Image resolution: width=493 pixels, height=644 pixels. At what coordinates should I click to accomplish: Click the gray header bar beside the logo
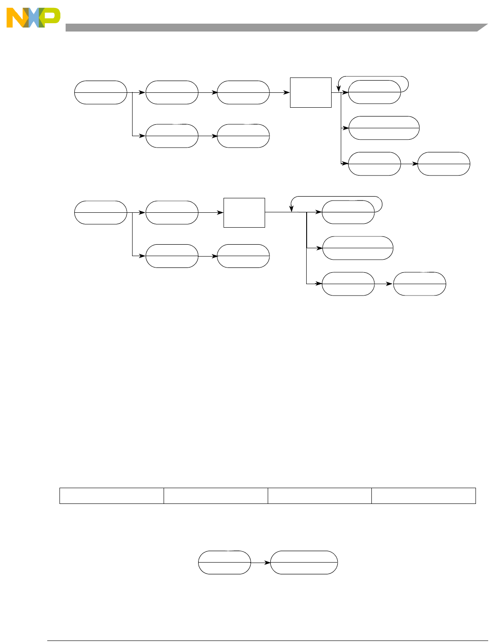tap(271, 28)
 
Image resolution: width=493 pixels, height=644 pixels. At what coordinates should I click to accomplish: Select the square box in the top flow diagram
tap(311, 92)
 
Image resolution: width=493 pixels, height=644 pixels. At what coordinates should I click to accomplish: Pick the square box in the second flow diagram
tap(244, 213)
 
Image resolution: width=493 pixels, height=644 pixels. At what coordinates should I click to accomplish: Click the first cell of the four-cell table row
tap(112, 496)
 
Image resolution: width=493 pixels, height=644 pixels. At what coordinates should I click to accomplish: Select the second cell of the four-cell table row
tap(216, 496)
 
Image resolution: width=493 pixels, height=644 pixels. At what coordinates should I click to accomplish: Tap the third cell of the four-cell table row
tap(319, 496)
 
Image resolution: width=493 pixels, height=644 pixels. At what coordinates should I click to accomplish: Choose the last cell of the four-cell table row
tap(423, 496)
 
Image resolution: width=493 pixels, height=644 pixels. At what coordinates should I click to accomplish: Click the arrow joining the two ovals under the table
tap(261, 563)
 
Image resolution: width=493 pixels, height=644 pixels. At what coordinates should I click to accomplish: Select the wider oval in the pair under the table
tap(304, 562)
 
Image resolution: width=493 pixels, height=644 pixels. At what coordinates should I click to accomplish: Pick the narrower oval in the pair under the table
tap(224, 562)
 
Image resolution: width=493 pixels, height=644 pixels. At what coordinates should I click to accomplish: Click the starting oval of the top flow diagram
tap(101, 92)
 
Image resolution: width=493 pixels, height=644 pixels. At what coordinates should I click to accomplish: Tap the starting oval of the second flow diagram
tap(101, 213)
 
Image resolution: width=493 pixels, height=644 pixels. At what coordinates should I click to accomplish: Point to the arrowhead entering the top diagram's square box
tap(287, 92)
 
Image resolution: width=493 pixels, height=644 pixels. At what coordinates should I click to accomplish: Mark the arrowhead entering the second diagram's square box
tap(220, 213)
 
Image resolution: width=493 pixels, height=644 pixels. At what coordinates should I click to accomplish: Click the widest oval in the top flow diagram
tap(384, 128)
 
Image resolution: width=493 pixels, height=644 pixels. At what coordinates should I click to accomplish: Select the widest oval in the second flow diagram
tap(358, 248)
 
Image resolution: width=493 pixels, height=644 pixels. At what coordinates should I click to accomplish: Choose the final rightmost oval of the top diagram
tap(444, 164)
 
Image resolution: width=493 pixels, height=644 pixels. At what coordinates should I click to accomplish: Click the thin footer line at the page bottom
tap(267, 641)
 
